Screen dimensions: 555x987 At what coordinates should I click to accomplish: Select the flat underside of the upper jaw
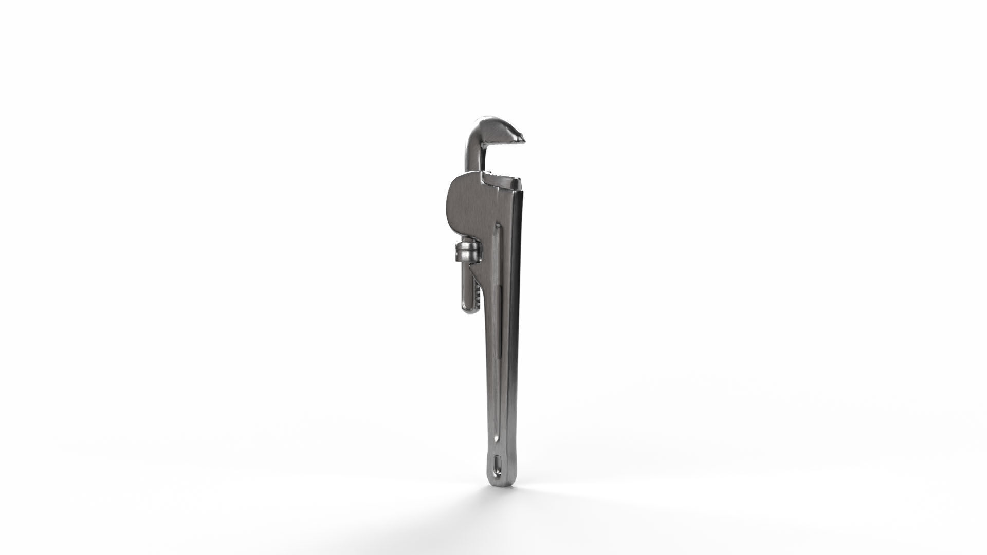(x=506, y=143)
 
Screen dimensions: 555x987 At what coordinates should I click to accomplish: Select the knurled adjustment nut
(x=466, y=253)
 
